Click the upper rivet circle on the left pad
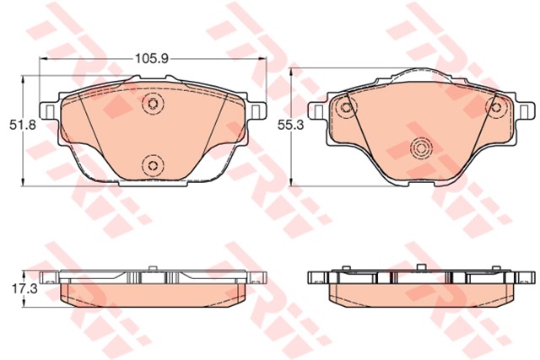(x=153, y=104)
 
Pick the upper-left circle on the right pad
(x=344, y=107)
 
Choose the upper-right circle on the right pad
(x=497, y=107)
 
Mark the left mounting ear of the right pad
(x=319, y=110)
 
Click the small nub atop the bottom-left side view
(x=153, y=269)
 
